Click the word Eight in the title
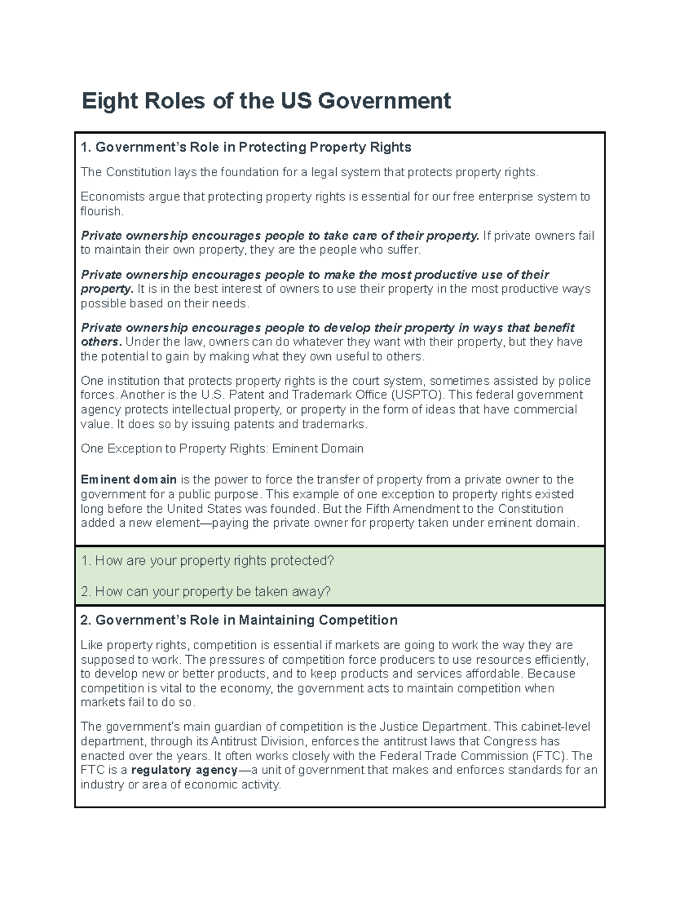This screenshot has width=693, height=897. [102, 101]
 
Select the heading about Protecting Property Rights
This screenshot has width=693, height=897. [246, 147]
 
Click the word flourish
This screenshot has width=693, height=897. [102, 211]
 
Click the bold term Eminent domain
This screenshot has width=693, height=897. [128, 480]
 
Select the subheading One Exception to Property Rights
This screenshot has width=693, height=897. [222, 449]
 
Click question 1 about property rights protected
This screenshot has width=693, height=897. [208, 561]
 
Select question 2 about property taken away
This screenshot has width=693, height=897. [206, 591]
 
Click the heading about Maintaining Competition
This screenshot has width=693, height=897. [239, 620]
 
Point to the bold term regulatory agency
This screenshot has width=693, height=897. [184, 771]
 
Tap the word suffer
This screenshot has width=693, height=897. [397, 250]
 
